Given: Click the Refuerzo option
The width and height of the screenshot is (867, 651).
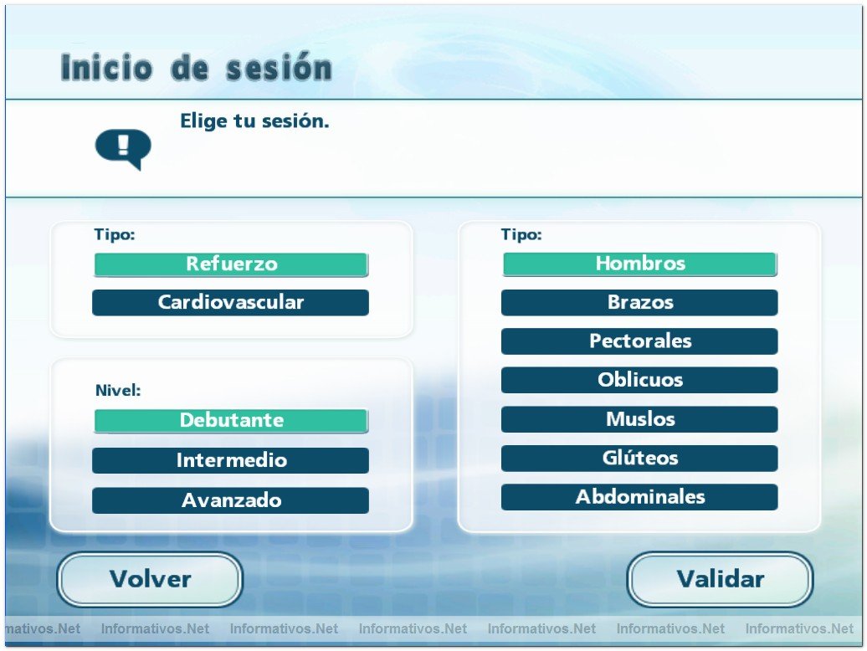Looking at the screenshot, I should coord(231,264).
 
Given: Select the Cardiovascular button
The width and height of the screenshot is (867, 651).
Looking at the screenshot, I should coord(231,303).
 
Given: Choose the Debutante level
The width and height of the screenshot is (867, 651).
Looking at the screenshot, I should coord(231,421).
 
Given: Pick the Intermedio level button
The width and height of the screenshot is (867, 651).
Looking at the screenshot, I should coord(231,460).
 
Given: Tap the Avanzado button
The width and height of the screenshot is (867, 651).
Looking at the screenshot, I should coord(231,500).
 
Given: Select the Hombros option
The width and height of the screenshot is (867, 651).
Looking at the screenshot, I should coord(640,264).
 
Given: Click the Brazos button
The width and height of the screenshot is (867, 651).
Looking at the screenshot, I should coord(640,303).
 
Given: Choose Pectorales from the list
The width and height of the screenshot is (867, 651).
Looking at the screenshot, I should coord(640,341).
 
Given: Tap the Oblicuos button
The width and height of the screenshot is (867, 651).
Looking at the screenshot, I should coord(640,380).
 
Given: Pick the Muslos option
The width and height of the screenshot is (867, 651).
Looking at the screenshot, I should coord(640,419).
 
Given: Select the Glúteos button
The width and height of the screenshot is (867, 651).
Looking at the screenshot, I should coord(640,458).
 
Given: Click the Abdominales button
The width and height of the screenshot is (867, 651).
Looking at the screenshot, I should coord(640,497).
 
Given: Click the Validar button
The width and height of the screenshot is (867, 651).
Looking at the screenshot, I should coord(720,579).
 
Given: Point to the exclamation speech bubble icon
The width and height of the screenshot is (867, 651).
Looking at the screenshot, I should coord(123,149).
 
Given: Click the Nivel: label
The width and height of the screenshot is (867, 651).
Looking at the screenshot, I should coord(118,390).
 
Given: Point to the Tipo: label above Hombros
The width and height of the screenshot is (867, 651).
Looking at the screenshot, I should coord(521,235).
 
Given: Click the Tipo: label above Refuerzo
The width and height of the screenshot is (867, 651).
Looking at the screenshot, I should coord(115,235).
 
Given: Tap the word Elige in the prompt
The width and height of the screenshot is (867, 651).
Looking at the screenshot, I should coord(203,121).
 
